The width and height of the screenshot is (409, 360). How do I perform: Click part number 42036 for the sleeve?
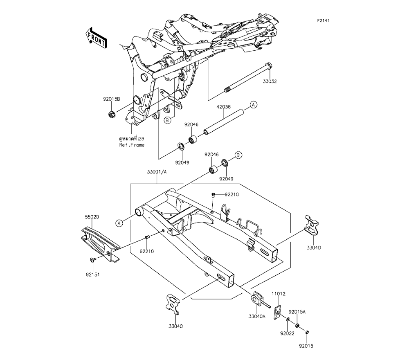click(x=223, y=107)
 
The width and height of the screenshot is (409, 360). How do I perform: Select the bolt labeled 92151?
click(x=92, y=260)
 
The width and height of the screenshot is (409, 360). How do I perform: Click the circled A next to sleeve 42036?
click(x=253, y=105)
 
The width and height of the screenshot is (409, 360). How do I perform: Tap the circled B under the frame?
click(x=167, y=120)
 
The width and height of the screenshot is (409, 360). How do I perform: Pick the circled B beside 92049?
click(x=239, y=155)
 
